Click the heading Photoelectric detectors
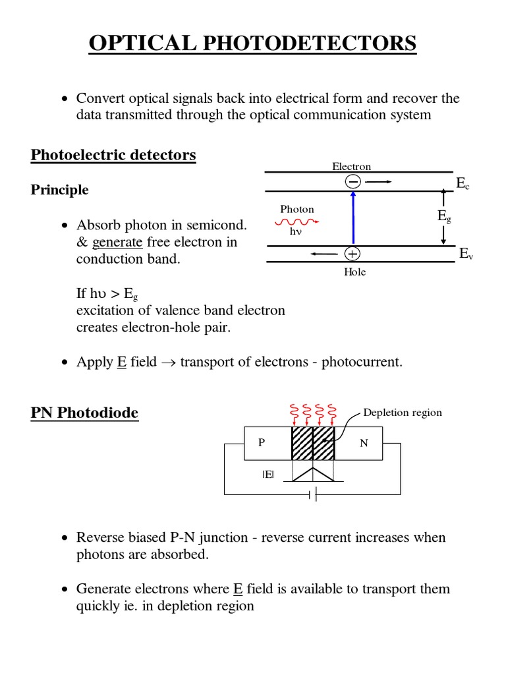(x=113, y=156)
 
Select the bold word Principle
(x=59, y=190)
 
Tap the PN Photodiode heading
(x=84, y=413)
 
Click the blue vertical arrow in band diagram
(x=353, y=218)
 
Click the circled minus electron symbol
(x=352, y=181)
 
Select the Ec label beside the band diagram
(x=463, y=184)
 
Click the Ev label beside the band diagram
(x=466, y=254)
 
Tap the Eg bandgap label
(x=444, y=216)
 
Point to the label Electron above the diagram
(x=351, y=167)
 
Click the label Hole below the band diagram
(x=354, y=272)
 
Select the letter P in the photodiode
(x=262, y=443)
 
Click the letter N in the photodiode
(x=364, y=443)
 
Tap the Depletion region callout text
(x=403, y=413)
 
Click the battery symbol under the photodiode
(x=314, y=494)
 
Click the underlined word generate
(x=117, y=242)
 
